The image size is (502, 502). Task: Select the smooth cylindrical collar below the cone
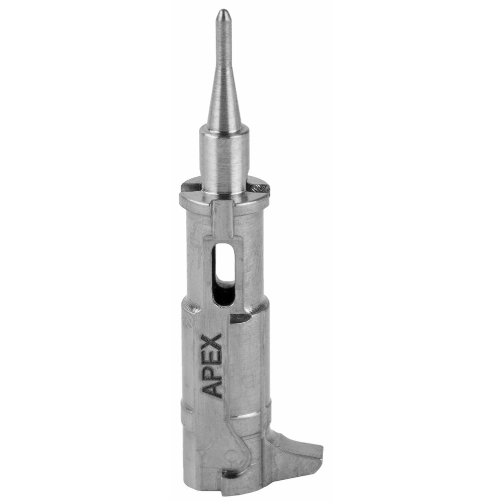point(224,156)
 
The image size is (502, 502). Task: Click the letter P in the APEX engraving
point(213,370)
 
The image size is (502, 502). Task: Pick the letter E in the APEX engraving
point(212,356)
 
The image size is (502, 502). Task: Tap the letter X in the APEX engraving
point(212,341)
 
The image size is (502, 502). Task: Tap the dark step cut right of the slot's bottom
point(239,318)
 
